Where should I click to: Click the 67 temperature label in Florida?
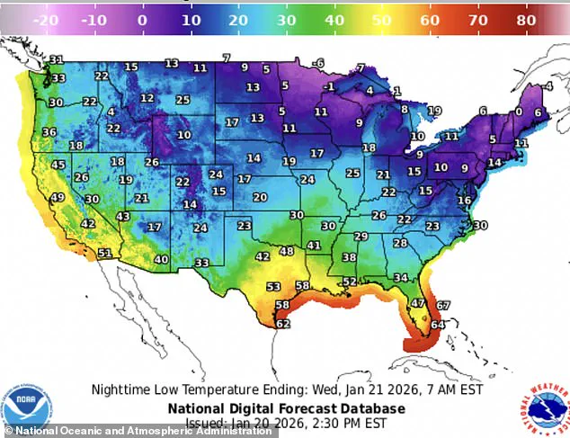pos(442,306)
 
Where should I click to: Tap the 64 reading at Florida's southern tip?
pos(437,325)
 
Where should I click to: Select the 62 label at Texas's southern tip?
pos(282,324)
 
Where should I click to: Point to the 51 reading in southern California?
pos(104,254)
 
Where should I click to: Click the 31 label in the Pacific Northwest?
pos(57,60)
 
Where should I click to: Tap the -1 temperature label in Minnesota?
pos(330,86)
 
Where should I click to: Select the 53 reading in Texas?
pos(273,287)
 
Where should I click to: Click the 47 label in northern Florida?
pos(418,303)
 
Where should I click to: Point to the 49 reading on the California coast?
pos(57,198)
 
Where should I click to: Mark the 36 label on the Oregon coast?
pos(49,132)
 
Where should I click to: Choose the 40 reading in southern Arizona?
pos(161,260)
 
